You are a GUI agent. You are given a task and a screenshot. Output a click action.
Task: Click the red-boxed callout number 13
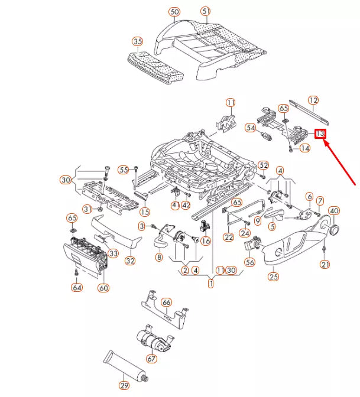320,134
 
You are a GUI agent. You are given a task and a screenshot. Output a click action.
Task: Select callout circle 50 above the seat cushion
174,11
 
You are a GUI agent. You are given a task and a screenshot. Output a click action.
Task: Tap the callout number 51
205,11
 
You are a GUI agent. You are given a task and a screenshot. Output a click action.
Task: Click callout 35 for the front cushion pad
137,41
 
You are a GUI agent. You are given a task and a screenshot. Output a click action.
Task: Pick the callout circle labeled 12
313,100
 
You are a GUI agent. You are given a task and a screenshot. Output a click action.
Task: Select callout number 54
251,128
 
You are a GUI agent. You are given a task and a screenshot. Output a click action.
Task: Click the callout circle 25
273,275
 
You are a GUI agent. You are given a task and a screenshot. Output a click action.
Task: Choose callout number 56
249,262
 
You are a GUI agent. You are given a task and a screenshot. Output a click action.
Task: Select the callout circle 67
152,359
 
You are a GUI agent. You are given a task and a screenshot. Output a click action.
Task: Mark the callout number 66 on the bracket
167,302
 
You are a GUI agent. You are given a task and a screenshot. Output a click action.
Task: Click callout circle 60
103,288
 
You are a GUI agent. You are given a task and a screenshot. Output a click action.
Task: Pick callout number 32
129,261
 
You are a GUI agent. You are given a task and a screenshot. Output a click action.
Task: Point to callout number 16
205,240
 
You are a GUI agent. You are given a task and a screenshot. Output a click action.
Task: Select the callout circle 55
123,170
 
